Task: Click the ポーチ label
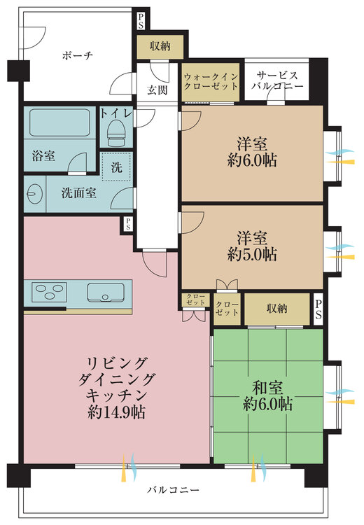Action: click(x=77, y=55)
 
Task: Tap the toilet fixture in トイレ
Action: click(x=116, y=133)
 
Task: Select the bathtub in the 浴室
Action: click(x=60, y=122)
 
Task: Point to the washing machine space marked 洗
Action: click(x=116, y=167)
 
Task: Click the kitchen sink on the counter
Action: click(x=106, y=293)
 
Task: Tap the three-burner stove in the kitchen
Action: click(x=49, y=292)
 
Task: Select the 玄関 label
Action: click(x=157, y=90)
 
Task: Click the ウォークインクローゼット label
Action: click(x=211, y=81)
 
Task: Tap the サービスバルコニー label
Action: click(x=277, y=80)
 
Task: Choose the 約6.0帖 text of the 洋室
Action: click(x=252, y=161)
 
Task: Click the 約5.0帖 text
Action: click(x=252, y=255)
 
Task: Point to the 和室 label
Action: click(x=267, y=388)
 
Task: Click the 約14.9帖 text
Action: click(x=116, y=412)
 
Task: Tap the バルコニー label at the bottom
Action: click(x=174, y=490)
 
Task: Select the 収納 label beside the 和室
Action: click(x=277, y=309)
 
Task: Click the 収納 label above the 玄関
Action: click(x=160, y=46)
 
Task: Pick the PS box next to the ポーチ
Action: click(x=141, y=21)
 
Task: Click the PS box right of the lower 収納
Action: click(x=318, y=309)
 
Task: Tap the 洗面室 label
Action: click(x=78, y=193)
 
